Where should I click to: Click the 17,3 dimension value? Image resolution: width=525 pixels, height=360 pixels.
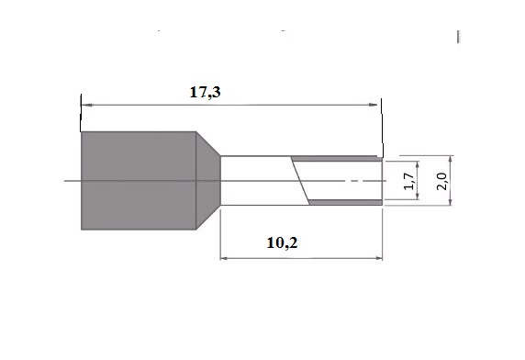pos(206,92)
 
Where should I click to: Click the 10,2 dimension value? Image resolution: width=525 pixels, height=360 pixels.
pos(282,242)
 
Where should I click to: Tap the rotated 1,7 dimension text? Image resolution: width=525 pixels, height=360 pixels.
pos(408,181)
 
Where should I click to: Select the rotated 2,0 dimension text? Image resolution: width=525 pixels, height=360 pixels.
pos(441,181)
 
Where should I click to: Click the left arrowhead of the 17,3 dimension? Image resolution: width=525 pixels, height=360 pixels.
pos(86,105)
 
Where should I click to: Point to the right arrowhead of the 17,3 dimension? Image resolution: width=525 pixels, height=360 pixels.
pos(373,105)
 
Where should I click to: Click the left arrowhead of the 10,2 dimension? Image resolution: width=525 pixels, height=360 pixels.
pos(224,258)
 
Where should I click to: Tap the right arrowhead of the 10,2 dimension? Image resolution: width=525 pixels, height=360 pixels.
pos(379,258)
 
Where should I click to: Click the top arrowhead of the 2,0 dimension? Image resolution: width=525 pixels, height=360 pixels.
pos(451,160)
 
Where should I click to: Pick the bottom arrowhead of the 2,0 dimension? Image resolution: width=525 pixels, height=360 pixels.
pos(451,201)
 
